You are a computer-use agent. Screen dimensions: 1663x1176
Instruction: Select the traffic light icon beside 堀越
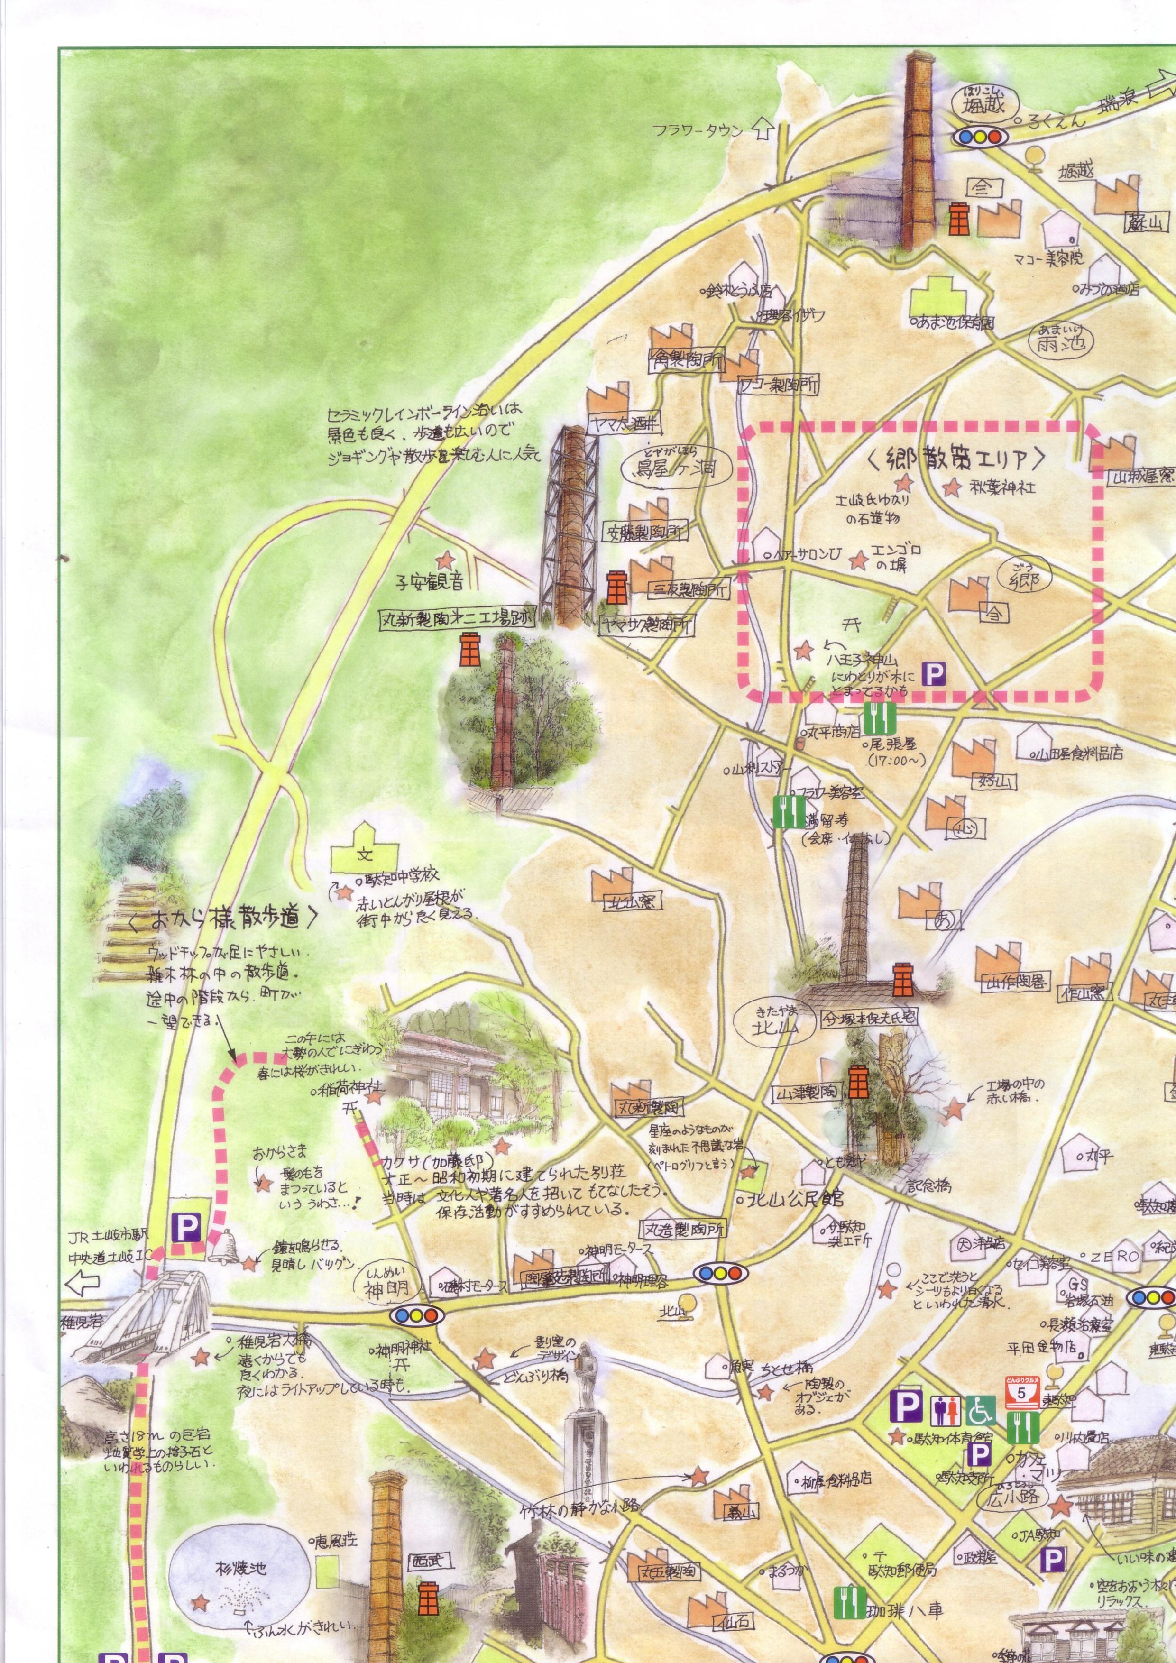click(x=980, y=136)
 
